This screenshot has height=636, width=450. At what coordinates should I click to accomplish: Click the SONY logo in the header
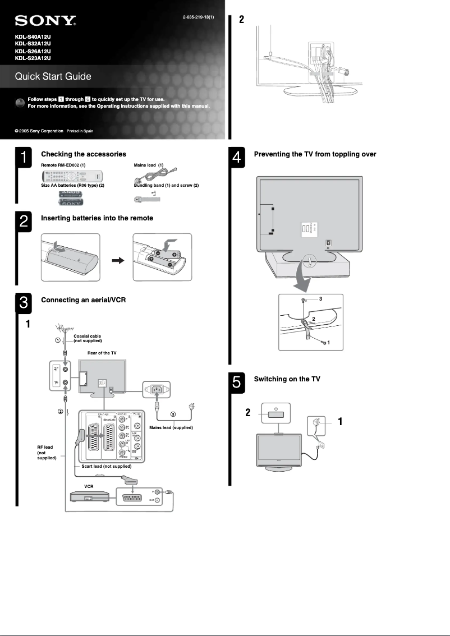pos(45,21)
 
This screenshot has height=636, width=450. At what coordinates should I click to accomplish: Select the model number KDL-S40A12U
pos(33,38)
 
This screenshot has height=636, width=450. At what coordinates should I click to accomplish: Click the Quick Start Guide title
pos(53,76)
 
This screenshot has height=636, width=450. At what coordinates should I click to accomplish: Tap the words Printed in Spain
pos(80,131)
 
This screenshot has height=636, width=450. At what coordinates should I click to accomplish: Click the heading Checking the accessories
pos(84,154)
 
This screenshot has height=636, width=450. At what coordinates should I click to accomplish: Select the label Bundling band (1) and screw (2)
pos(166,185)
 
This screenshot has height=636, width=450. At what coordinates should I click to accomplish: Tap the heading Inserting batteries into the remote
pos(97,218)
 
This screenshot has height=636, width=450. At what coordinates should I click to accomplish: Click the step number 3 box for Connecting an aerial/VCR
pos(24,303)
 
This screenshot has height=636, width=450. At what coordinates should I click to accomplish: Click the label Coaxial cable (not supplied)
pos(88,338)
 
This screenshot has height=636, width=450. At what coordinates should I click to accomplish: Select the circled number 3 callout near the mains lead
pos(173,414)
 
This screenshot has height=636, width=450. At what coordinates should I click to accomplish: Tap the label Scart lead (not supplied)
pos(106,466)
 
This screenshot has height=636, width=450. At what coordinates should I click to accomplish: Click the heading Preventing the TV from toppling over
pos(315,154)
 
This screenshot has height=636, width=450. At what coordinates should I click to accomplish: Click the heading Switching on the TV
pos(287,379)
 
